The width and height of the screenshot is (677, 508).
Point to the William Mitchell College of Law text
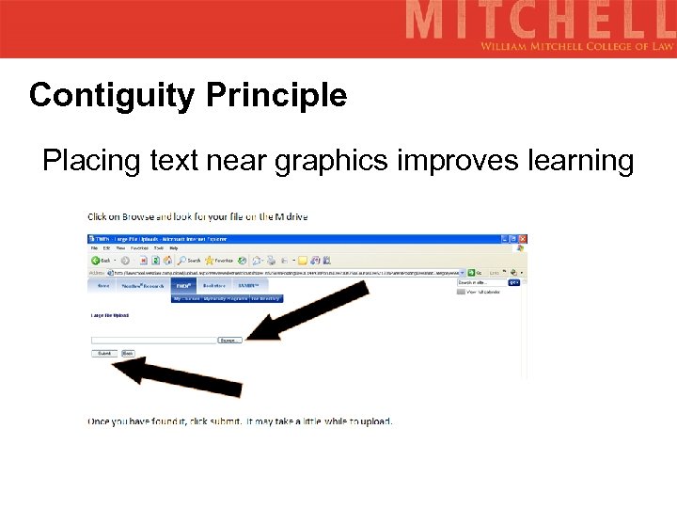(x=577, y=46)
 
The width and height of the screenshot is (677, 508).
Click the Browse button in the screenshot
(x=229, y=340)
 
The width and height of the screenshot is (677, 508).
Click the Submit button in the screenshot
(x=103, y=354)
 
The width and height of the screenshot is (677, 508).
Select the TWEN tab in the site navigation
(x=182, y=285)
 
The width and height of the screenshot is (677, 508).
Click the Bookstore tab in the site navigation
(x=214, y=285)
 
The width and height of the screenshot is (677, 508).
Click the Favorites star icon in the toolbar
(x=211, y=261)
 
